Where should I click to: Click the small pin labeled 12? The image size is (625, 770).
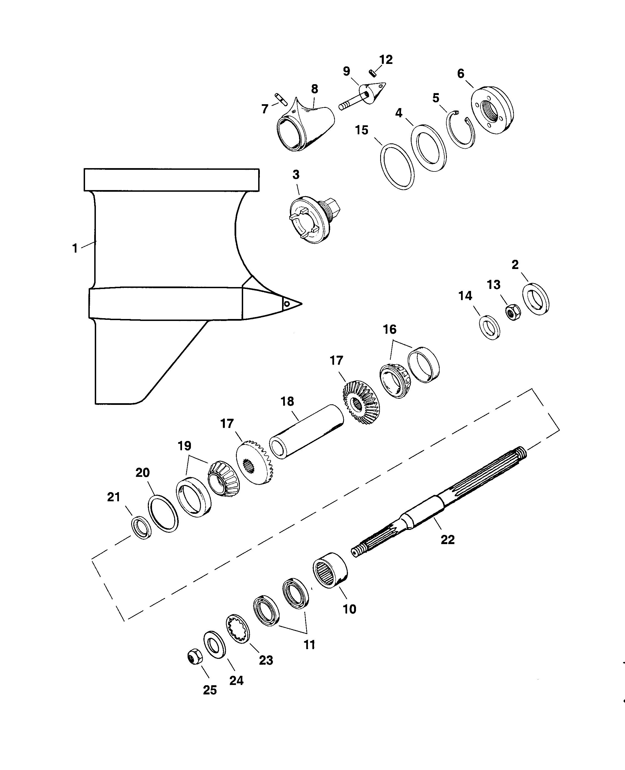click(373, 73)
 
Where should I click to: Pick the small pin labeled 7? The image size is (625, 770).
click(282, 100)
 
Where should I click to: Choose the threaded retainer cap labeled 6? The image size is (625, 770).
click(492, 111)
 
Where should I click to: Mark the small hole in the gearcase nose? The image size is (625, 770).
click(287, 304)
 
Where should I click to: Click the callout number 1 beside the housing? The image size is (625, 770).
click(75, 248)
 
